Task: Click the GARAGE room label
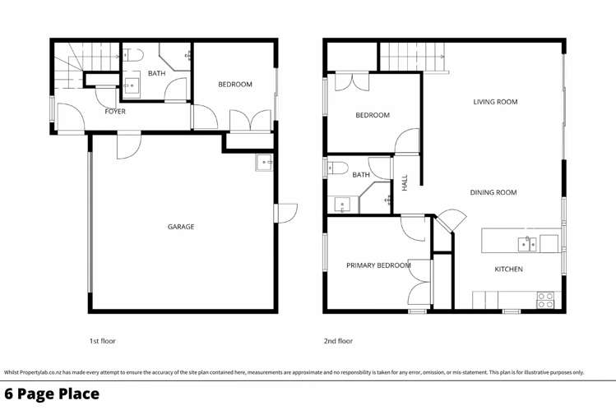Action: coord(182,227)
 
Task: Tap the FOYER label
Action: coord(115,111)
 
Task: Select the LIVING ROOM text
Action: coord(495,102)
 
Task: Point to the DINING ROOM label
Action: coord(493,192)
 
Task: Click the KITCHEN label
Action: coord(508,269)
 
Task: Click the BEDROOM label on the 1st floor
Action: coord(234,85)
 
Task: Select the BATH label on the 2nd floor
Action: coord(361,175)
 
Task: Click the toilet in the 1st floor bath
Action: coord(137,54)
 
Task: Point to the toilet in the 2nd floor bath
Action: coord(337,168)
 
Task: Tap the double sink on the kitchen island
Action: coord(526,242)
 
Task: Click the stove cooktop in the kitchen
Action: coord(545,300)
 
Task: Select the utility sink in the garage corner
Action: coord(263,163)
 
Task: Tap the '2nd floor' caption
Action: coord(338,340)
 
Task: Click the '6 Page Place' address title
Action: coord(53,394)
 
